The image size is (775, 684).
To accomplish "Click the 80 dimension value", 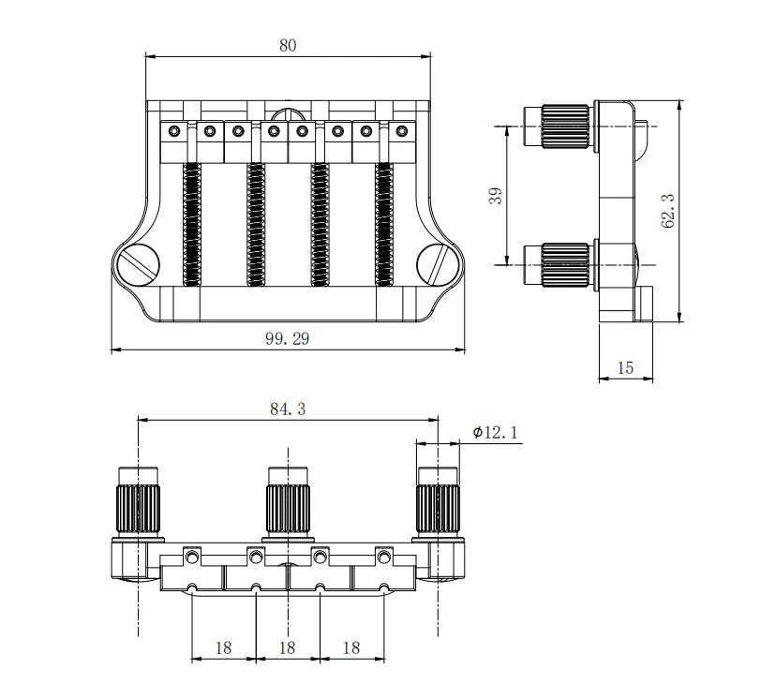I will pos(288,45).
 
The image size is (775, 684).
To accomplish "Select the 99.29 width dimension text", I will pos(287,339).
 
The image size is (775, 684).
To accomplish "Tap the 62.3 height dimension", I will pos(667,212).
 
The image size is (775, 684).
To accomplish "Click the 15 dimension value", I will pos(625,368).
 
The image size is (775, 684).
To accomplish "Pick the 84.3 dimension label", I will pos(288,409).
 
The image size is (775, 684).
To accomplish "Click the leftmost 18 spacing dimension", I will pos(223,647).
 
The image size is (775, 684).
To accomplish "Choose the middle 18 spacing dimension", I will pos(287,647).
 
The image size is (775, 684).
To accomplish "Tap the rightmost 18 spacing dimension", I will pos(350,647).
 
